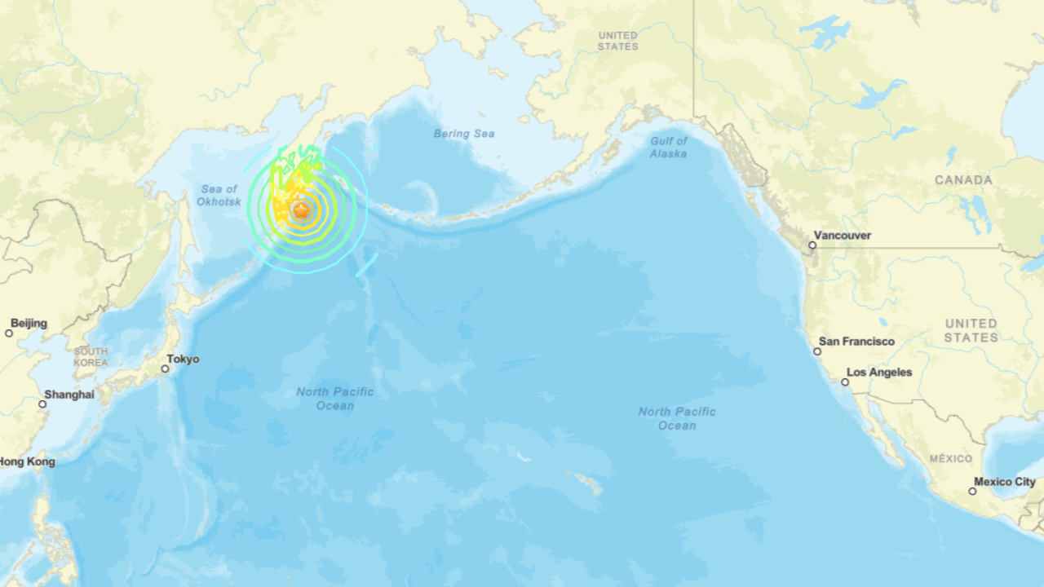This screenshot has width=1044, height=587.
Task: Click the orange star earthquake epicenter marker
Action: click(302, 210)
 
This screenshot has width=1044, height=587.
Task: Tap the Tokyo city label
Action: click(183, 359)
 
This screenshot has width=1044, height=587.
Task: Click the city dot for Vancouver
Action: click(812, 245)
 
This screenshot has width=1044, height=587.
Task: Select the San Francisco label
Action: click(856, 342)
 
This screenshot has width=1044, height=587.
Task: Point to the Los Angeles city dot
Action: click(845, 382)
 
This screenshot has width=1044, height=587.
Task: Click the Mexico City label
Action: click(1005, 482)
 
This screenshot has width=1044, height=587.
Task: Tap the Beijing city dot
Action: click(9, 333)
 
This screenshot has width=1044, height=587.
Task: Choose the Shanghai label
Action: click(69, 395)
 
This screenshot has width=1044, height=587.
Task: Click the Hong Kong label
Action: click(27, 461)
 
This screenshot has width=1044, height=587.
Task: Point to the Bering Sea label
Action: click(464, 134)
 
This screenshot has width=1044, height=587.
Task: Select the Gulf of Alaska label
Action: click(669, 147)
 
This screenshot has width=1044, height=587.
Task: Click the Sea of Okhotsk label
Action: click(219, 195)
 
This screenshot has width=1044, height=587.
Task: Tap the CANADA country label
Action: click(963, 180)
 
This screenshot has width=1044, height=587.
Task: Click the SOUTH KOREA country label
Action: click(91, 356)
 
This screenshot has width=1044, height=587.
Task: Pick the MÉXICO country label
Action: click(951, 459)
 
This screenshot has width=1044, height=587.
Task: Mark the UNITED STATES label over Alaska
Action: click(618, 41)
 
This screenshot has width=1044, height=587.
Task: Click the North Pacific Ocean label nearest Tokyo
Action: click(335, 399)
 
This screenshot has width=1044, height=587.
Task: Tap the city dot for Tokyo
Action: click(165, 369)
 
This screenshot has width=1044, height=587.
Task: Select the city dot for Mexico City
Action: click(972, 491)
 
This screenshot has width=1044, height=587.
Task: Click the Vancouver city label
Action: click(843, 236)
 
